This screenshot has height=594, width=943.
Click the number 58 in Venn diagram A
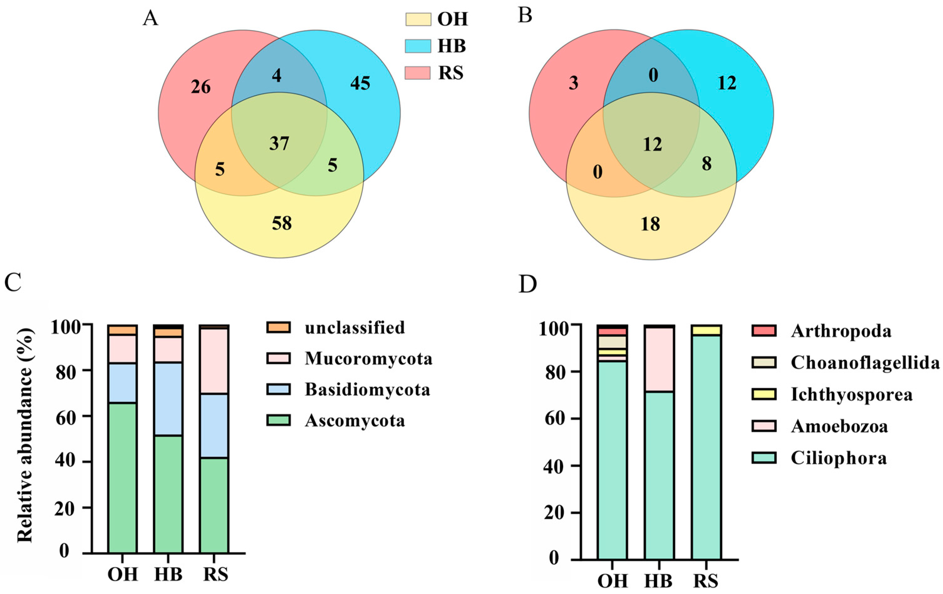click(282, 224)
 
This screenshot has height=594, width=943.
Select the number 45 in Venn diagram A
click(360, 83)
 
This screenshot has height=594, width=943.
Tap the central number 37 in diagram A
click(279, 144)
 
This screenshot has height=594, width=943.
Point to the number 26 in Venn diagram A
click(201, 87)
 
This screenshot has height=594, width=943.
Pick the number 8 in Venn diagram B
click(707, 164)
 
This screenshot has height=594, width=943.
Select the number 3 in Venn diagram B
click(573, 83)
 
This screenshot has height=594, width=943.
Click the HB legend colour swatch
click(418, 46)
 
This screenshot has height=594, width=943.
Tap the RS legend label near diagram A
click(451, 73)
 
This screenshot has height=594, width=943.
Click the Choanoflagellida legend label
click(865, 363)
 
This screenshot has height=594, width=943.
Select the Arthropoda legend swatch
click(764, 331)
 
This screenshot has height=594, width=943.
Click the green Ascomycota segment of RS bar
click(214, 505)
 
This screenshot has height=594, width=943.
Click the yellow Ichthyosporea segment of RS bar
click(706, 330)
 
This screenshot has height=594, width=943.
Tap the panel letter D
click(527, 285)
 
